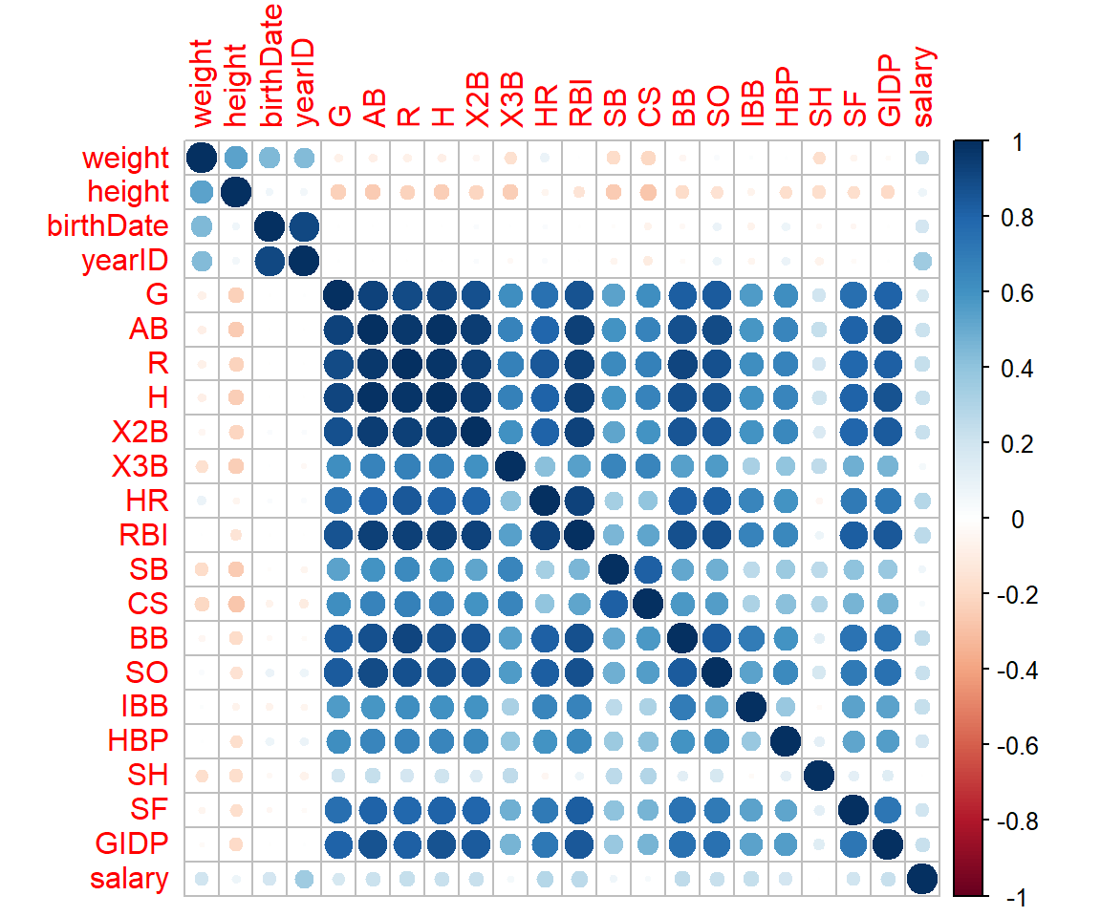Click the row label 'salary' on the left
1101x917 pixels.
click(x=127, y=878)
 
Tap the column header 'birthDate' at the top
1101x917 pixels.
click(x=270, y=76)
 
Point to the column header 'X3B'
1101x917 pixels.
click(x=511, y=99)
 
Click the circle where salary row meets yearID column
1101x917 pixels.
click(x=304, y=878)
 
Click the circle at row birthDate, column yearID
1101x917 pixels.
click(x=304, y=225)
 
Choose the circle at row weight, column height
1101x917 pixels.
click(x=235, y=157)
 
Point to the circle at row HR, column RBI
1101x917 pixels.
click(x=580, y=500)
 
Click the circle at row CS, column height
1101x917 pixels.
click(x=235, y=603)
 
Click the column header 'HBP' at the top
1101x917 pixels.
click(x=785, y=99)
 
